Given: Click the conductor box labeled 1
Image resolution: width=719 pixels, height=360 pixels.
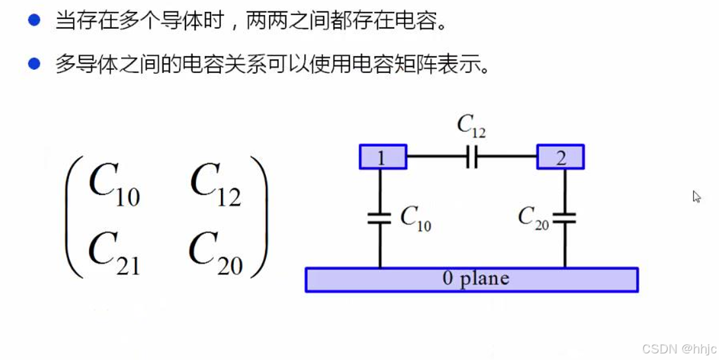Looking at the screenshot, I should click(x=382, y=157).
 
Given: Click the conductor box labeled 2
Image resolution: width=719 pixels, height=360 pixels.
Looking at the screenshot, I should click(x=560, y=157).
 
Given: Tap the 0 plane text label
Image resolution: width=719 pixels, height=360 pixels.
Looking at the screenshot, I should click(x=475, y=278).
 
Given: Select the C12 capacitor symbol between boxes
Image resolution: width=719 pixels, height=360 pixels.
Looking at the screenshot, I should click(x=471, y=157).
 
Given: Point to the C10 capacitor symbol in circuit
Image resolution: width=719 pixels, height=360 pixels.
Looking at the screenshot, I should click(x=380, y=218).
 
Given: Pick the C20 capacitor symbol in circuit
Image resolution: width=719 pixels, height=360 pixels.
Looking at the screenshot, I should click(x=564, y=218).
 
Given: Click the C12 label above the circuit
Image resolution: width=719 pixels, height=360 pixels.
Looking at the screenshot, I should click(x=471, y=126).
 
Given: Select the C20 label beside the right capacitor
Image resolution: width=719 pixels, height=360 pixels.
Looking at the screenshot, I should click(x=533, y=218).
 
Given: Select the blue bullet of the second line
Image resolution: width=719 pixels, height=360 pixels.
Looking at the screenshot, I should click(x=34, y=64).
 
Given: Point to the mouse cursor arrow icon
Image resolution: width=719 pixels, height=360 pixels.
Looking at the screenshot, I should click(x=697, y=196).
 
